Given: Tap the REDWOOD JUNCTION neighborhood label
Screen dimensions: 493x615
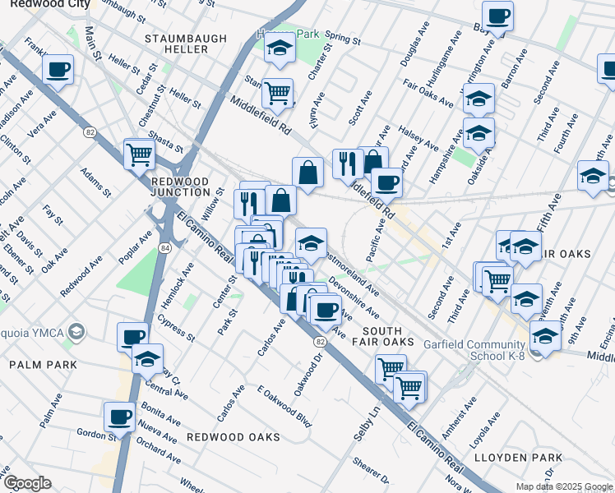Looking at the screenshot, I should [x=180, y=187].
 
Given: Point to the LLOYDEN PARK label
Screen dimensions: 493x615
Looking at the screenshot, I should [x=528, y=458].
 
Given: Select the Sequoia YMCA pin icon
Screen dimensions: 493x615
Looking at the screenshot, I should [x=76, y=333].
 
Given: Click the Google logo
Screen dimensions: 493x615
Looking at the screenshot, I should [x=26, y=483].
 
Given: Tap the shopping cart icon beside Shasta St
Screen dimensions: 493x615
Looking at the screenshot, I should [x=139, y=153].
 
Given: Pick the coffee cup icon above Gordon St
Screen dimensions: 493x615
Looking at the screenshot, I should [x=120, y=416].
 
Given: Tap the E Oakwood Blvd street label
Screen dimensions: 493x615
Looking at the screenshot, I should [x=284, y=407].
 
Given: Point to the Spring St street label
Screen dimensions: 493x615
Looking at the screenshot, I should [x=343, y=38].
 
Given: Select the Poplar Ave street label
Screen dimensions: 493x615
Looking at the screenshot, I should [x=135, y=246].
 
